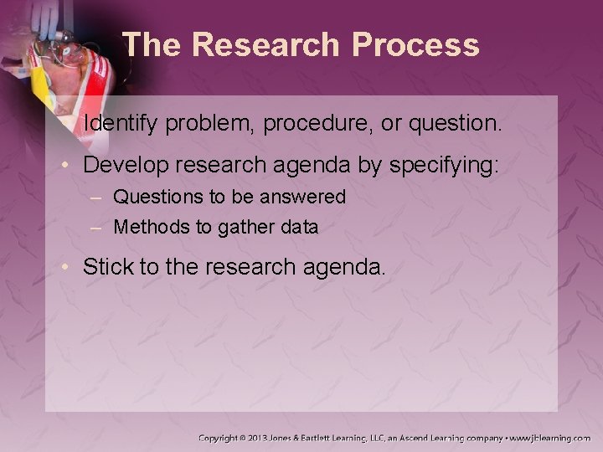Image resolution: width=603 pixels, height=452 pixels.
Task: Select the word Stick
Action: tap(106, 267)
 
